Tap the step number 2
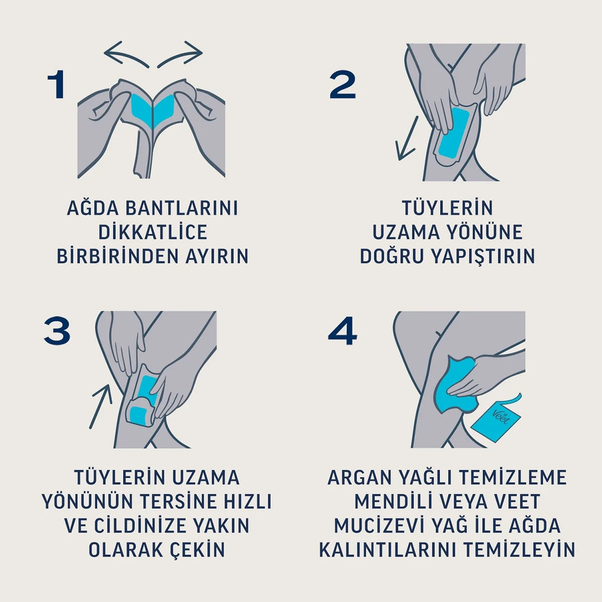pos(343,85)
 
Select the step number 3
pos(57,332)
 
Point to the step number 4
pos(342,332)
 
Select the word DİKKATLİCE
pos(153,233)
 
